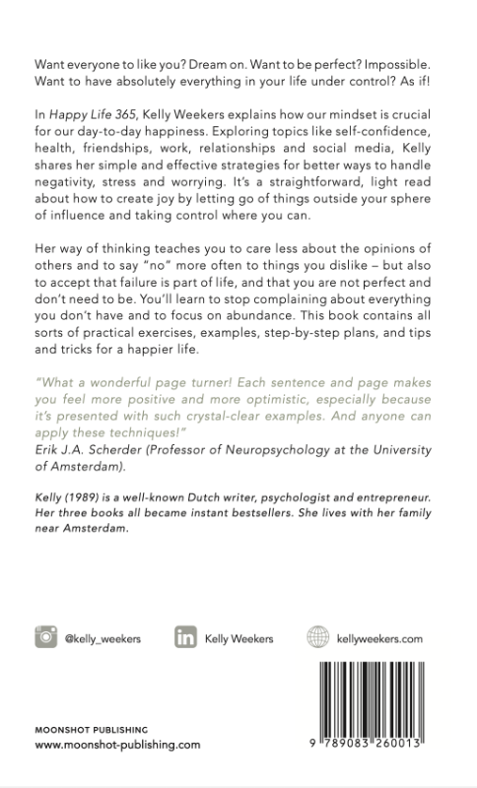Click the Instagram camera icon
tap(44, 637)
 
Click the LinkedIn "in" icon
tap(184, 637)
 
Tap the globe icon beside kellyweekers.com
tap(316, 637)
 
